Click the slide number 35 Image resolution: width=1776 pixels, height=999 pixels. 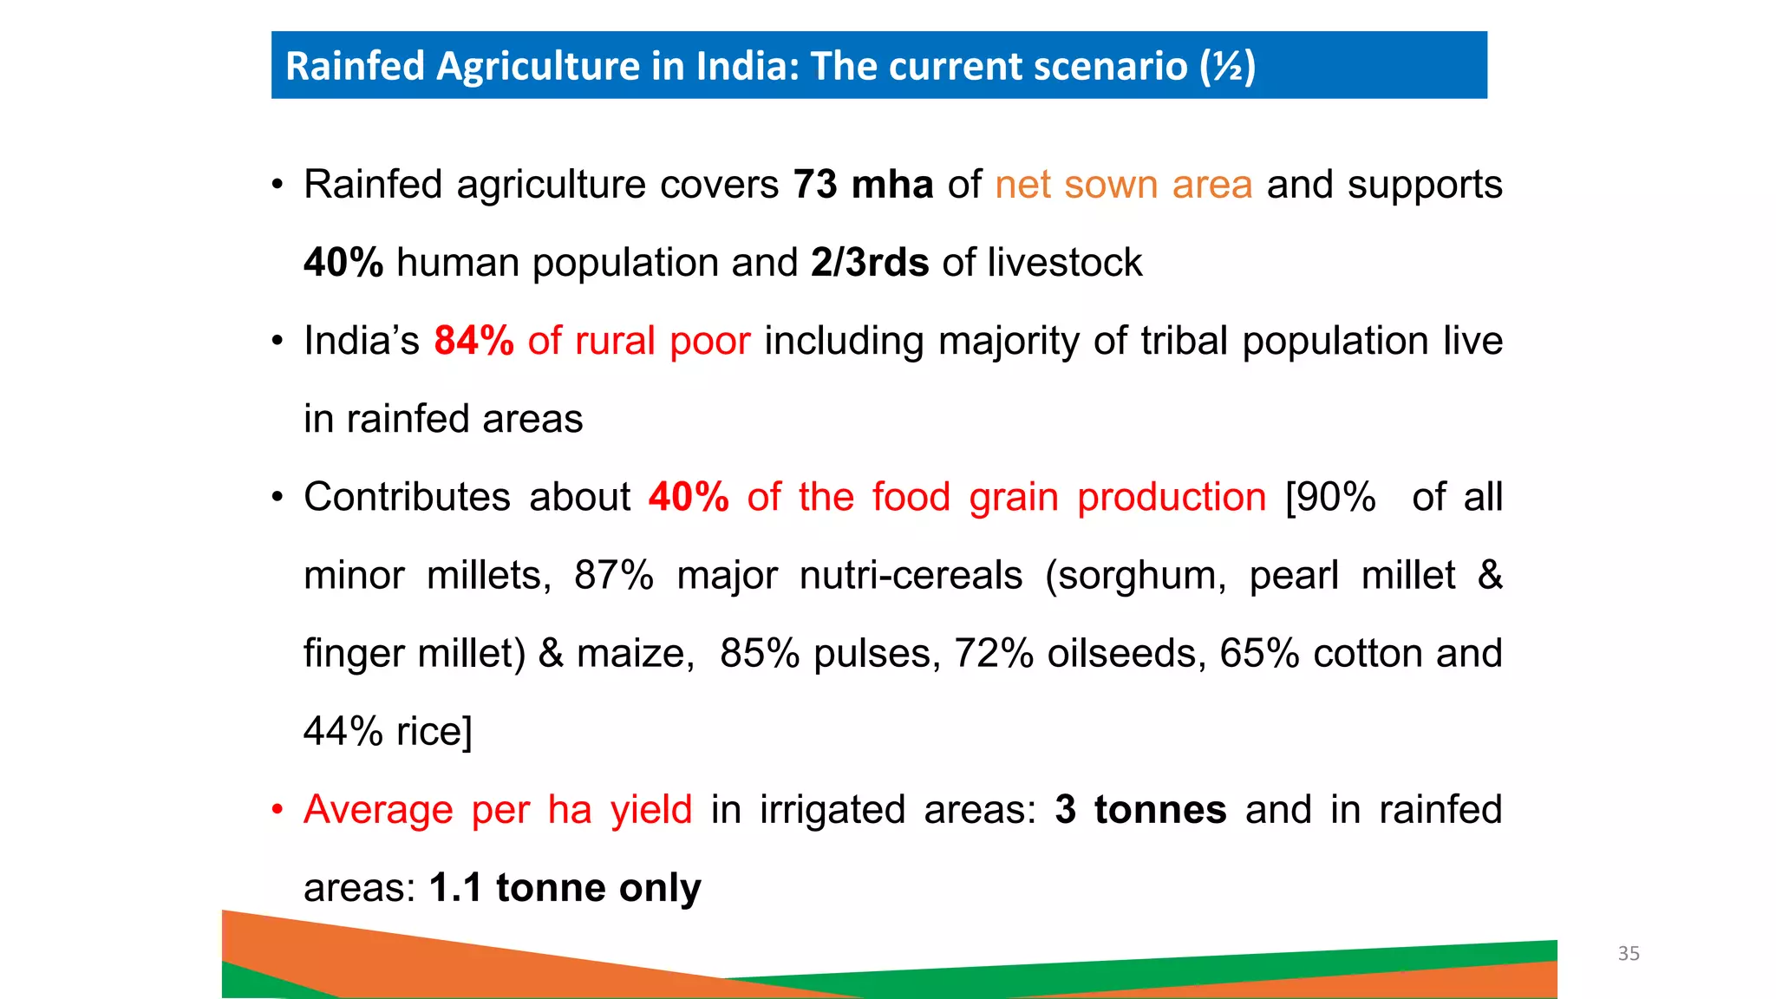1628,954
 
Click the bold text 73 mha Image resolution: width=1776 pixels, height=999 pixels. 863,185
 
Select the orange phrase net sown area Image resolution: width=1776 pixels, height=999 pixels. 1123,185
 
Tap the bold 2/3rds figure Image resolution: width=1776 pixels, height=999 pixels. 870,263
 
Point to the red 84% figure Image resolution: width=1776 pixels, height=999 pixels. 473,341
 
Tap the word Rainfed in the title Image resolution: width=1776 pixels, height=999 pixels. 355,66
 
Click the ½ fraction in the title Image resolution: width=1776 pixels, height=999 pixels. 1228,66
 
